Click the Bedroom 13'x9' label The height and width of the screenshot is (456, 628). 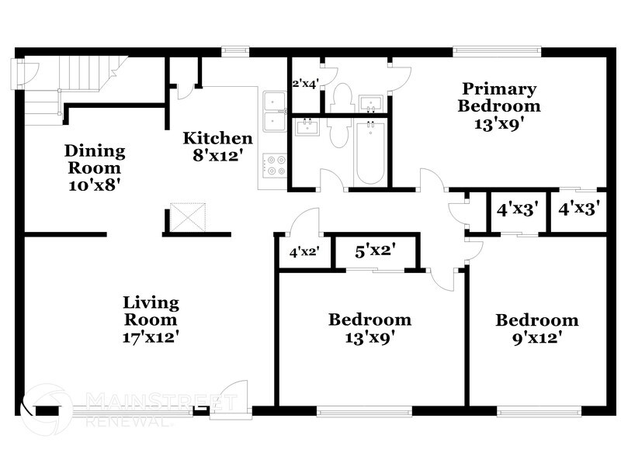tap(370, 328)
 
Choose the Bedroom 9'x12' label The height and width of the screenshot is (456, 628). tap(537, 328)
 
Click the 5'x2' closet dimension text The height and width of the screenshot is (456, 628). tap(376, 251)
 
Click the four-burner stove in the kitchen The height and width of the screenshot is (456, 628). tap(274, 164)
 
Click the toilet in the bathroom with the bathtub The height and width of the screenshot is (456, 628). tap(338, 133)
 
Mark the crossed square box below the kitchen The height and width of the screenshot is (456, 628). tap(186, 217)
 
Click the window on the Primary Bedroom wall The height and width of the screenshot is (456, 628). tap(497, 52)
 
